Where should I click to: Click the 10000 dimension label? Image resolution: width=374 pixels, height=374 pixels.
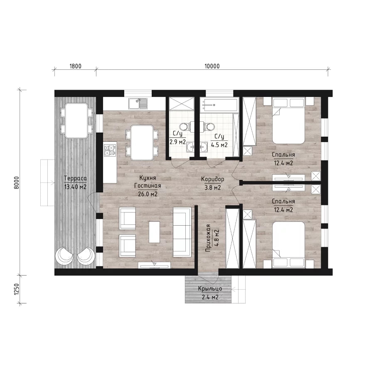[212, 66]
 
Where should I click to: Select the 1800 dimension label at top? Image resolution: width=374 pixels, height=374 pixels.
[75, 66]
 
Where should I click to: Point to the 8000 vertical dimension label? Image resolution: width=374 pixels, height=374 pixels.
[16, 183]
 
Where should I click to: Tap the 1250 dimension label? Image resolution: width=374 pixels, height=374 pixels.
[16, 289]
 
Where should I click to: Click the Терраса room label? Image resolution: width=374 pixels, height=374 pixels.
[75, 178]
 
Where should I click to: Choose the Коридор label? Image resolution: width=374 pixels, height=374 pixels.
[212, 179]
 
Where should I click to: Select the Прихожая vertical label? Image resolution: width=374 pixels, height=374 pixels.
[208, 238]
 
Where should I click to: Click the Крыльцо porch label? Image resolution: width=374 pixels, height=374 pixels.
[210, 289]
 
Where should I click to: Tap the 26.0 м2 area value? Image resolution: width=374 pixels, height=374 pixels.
[148, 194]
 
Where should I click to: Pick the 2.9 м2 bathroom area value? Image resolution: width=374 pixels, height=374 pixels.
[177, 142]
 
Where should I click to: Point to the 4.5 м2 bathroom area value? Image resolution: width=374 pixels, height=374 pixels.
[219, 145]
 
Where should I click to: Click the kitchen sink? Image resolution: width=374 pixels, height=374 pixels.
[138, 103]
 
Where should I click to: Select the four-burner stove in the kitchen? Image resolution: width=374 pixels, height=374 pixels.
[110, 150]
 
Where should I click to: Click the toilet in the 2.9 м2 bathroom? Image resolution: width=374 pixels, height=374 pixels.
[187, 126]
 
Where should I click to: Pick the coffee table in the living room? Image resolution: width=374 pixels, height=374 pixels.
[154, 232]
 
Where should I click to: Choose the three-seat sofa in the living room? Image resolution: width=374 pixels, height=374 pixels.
[182, 232]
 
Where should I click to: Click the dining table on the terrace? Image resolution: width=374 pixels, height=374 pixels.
[76, 121]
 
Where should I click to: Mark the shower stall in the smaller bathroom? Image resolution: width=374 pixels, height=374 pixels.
[182, 103]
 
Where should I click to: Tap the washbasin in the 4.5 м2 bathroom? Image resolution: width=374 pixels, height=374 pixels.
[204, 147]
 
